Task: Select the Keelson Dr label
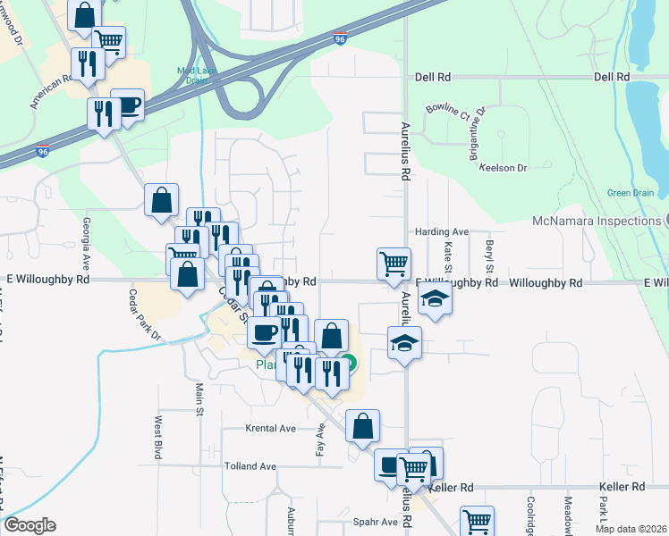tap(504, 167)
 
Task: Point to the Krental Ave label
tap(271, 429)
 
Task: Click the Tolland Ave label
tap(250, 466)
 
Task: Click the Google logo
tap(29, 525)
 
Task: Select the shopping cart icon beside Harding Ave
tap(394, 264)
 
